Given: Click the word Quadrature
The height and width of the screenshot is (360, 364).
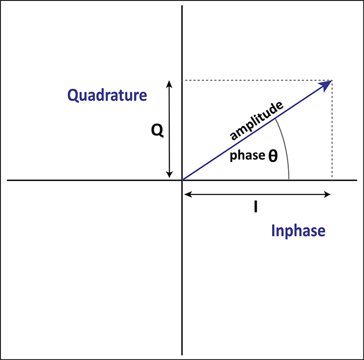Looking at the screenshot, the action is pos(107,95).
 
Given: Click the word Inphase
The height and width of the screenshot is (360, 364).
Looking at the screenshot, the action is pos(298,231).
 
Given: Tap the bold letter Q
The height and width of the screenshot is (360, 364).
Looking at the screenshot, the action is pos(157,130).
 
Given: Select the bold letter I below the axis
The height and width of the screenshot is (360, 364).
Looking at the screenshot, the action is pos(256,207).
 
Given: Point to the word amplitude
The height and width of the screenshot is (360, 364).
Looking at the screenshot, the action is pos(257,121).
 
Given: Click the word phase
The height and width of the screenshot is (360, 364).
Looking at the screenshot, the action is pos(248,155).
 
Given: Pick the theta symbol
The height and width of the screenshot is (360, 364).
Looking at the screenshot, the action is pos(273,156).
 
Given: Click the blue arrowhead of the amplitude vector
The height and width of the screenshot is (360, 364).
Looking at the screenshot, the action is pos(326,85).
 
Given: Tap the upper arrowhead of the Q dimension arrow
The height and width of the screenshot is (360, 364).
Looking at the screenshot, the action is pos(169,84).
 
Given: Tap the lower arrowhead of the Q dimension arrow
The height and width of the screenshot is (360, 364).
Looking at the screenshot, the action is pos(169,175).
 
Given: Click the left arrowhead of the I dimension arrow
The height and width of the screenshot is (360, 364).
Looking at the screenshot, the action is pos(188,194).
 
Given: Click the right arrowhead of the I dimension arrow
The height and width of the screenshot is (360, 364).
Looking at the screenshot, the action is pos(327,194).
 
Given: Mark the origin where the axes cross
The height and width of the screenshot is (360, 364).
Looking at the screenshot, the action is pos(182,180).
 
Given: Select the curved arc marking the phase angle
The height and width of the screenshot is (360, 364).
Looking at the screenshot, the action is pos(286,148).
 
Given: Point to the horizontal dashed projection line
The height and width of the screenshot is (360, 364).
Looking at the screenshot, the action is pos(257,81).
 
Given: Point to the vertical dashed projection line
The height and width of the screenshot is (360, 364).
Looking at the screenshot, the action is pos(332,130).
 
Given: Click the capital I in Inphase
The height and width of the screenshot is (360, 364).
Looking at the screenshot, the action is pos(273,230).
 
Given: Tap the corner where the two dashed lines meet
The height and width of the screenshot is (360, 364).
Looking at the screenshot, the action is pos(332,81).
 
